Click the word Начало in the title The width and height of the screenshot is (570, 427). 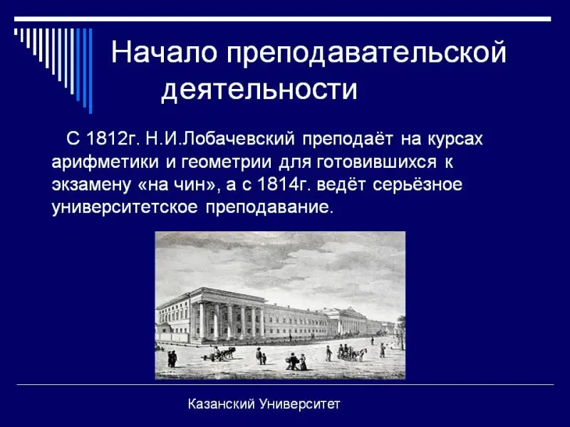(x=164, y=52)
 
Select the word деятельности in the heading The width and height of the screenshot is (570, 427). (x=259, y=89)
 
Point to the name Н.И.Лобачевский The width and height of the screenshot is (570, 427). (x=220, y=138)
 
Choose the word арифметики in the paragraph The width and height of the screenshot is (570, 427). (x=105, y=162)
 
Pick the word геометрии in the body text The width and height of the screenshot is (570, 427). (x=226, y=162)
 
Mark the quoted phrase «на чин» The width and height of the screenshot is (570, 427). (x=177, y=184)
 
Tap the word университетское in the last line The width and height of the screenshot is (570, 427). (x=125, y=207)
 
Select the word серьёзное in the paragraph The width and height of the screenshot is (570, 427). (x=418, y=185)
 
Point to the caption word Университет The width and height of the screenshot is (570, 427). (x=299, y=404)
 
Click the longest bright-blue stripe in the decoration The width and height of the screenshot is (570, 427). (x=90, y=70)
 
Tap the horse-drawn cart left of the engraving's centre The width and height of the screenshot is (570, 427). (x=219, y=354)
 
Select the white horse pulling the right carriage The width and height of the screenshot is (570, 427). (x=361, y=354)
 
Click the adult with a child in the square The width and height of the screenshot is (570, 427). (x=261, y=357)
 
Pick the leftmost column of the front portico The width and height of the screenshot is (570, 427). (x=202, y=321)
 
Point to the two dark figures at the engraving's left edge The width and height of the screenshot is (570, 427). (x=172, y=359)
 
